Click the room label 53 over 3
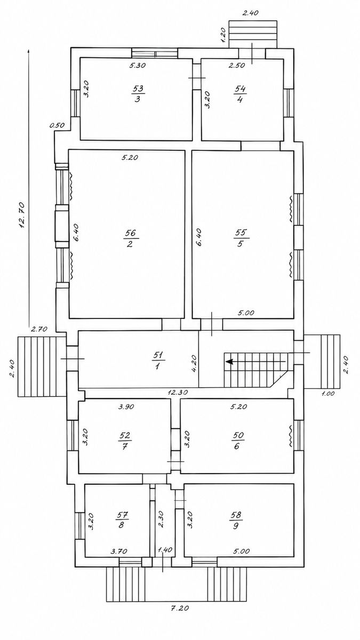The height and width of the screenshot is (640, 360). [138, 94]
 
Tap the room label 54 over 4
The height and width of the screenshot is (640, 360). [241, 94]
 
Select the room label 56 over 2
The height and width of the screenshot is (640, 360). [131, 238]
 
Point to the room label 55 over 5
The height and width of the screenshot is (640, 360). [241, 238]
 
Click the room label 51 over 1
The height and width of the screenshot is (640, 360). [158, 361]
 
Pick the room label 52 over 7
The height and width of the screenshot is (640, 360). [125, 441]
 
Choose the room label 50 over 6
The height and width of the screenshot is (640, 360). [237, 441]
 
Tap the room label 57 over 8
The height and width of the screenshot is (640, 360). [122, 520]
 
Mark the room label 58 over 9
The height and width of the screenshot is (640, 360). [236, 520]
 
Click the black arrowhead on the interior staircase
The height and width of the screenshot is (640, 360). [229, 362]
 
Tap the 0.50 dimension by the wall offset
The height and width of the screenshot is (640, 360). [57, 125]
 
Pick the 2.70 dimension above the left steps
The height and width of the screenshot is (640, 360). [39, 329]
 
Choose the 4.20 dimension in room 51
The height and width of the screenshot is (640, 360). [194, 363]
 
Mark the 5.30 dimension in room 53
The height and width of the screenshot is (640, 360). [138, 65]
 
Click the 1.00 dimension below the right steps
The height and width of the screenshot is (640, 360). [328, 394]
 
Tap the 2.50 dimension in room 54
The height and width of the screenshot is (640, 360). [237, 65]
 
